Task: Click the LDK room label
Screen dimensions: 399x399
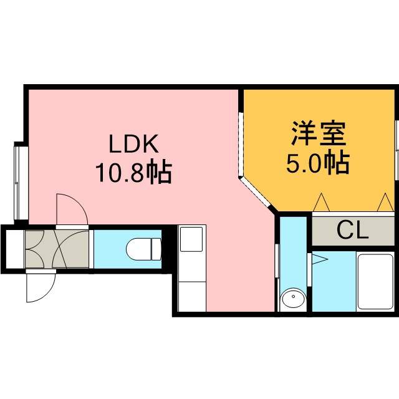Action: pyautogui.click(x=134, y=143)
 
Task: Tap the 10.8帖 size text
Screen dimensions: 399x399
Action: pyautogui.click(x=134, y=171)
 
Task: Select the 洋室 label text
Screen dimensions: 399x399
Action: pyautogui.click(x=319, y=133)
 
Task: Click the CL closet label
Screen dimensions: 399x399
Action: pyautogui.click(x=353, y=231)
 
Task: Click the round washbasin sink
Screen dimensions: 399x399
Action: pyautogui.click(x=293, y=297)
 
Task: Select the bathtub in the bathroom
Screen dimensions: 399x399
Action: pyautogui.click(x=375, y=281)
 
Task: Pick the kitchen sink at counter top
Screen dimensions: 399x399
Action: pyautogui.click(x=191, y=239)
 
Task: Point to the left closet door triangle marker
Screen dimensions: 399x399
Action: pyautogui.click(x=322, y=202)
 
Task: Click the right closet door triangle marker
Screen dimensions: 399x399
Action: pyautogui.click(x=385, y=202)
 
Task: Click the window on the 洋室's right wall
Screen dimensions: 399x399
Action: pyautogui.click(x=397, y=150)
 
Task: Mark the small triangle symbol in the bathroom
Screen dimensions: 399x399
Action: pyautogui.click(x=320, y=259)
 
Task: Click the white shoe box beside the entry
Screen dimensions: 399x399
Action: pyautogui.click(x=15, y=249)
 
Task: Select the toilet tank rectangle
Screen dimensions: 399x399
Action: pyautogui.click(x=156, y=249)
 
